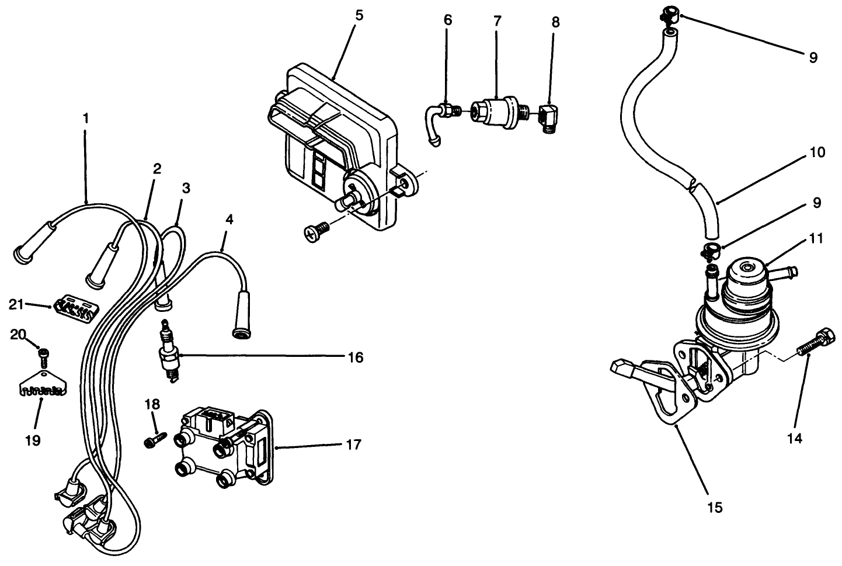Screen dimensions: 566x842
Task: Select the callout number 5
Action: pos(359,15)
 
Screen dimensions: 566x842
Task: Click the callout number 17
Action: pos(353,445)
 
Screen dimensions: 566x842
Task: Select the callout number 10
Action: pos(817,153)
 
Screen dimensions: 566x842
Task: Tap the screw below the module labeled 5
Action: pos(316,232)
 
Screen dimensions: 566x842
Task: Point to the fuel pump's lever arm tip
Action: pos(620,367)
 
